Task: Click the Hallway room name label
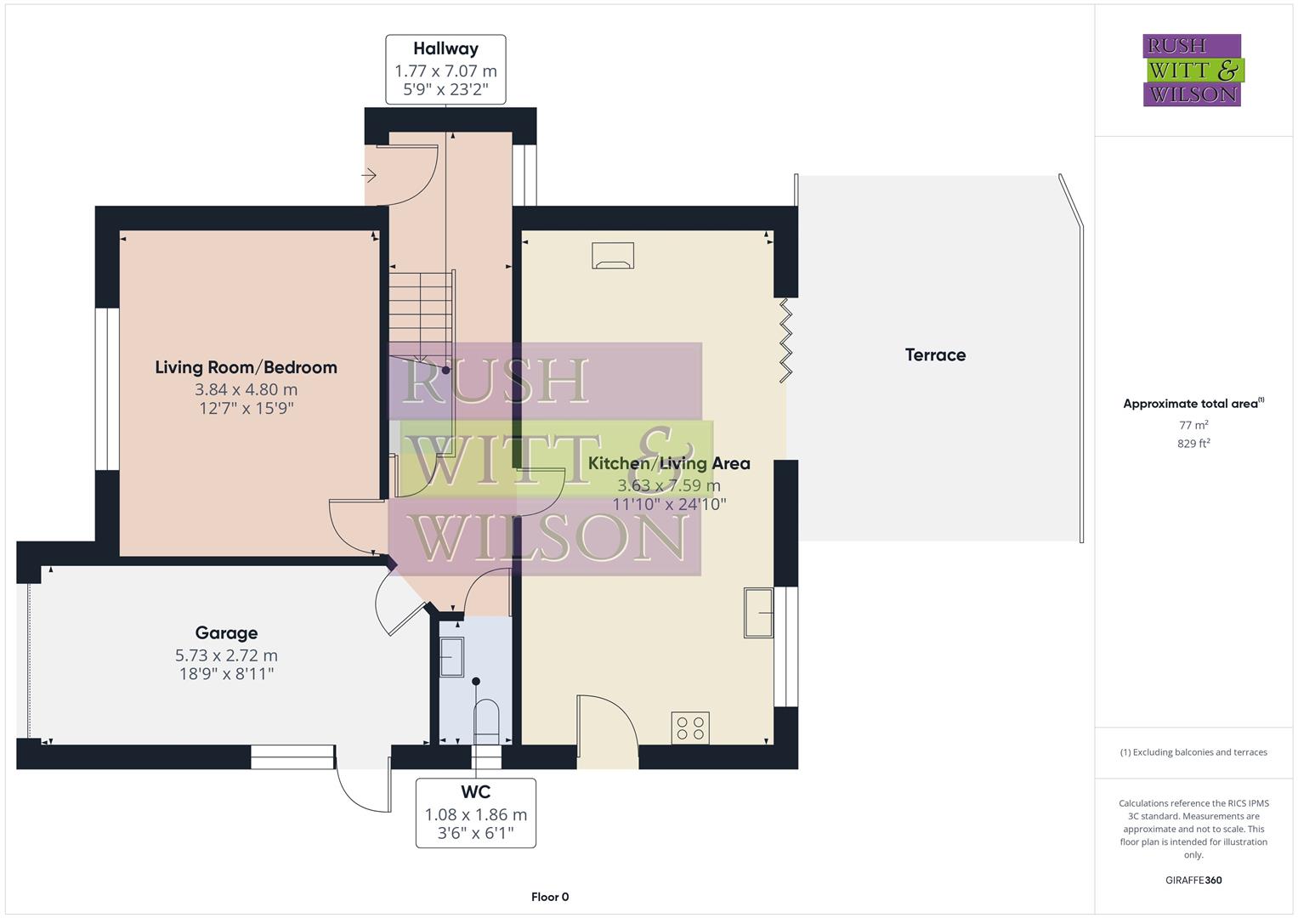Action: pyautogui.click(x=445, y=48)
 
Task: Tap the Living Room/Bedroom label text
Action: pyautogui.click(x=246, y=367)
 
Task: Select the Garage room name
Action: pyautogui.click(x=226, y=632)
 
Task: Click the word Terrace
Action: pyautogui.click(x=935, y=354)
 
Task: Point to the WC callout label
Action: pyautogui.click(x=476, y=792)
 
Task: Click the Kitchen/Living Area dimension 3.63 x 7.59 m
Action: pyautogui.click(x=668, y=485)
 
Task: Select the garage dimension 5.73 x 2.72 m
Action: pyautogui.click(x=226, y=655)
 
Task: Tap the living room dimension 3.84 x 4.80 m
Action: pyautogui.click(x=246, y=389)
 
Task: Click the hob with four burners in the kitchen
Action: pyautogui.click(x=690, y=728)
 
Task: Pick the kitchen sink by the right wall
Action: pyautogui.click(x=758, y=612)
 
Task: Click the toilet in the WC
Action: pyautogui.click(x=486, y=718)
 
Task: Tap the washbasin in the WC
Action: pyautogui.click(x=451, y=657)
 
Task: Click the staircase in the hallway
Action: pyautogui.click(x=422, y=314)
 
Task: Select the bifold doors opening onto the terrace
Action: pyautogui.click(x=785, y=339)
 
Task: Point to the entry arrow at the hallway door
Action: pyautogui.click(x=369, y=175)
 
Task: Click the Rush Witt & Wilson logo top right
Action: pyautogui.click(x=1192, y=70)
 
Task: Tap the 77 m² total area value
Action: pyautogui.click(x=1193, y=424)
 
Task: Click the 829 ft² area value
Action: pyautogui.click(x=1193, y=443)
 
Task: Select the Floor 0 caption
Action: pyautogui.click(x=550, y=897)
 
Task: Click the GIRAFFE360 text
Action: pyautogui.click(x=1193, y=880)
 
